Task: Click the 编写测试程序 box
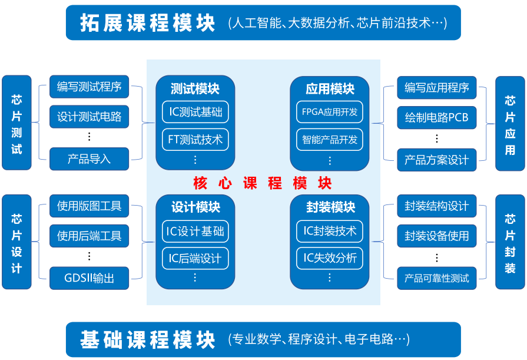(89, 87)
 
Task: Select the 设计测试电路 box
(89, 117)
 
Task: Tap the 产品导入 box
(89, 159)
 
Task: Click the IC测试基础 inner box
(195, 111)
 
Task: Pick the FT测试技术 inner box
(195, 140)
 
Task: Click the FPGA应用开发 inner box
(329, 111)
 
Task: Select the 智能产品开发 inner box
(329, 140)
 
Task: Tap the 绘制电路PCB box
(436, 117)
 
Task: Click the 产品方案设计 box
(436, 160)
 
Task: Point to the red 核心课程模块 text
(263, 183)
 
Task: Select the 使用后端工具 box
(89, 236)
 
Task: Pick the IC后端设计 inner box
(195, 258)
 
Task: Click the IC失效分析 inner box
(329, 258)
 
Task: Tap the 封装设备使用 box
(436, 236)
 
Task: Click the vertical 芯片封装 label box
(510, 242)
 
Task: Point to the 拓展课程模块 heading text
(147, 23)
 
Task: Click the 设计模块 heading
(195, 207)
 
